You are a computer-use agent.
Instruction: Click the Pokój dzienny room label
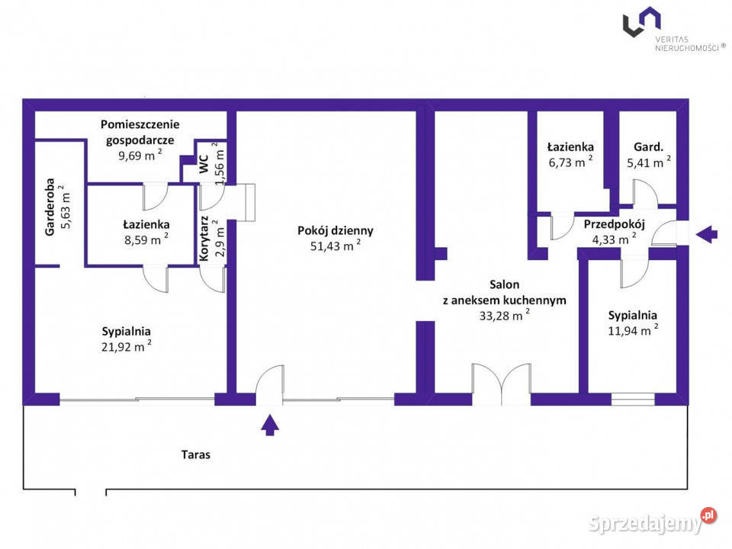click(x=335, y=230)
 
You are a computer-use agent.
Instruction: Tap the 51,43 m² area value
click(x=335, y=245)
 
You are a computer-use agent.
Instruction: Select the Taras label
click(x=196, y=454)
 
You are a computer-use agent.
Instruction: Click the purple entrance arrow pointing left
click(x=707, y=234)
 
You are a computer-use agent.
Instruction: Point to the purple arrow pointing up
click(x=270, y=425)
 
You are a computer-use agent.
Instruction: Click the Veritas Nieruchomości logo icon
click(x=641, y=21)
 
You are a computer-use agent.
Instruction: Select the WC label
click(x=204, y=164)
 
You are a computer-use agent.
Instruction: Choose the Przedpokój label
click(x=614, y=224)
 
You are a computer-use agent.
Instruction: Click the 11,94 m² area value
click(x=633, y=329)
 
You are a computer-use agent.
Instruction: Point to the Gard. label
click(x=648, y=147)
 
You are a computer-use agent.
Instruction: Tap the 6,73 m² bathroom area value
click(x=570, y=162)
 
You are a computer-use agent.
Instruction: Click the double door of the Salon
click(x=501, y=383)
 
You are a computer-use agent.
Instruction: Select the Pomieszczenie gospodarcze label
click(x=140, y=132)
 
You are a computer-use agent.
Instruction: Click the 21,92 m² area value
click(x=126, y=346)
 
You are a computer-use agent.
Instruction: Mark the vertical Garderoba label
click(x=50, y=207)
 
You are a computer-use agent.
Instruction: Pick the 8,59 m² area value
click(x=146, y=239)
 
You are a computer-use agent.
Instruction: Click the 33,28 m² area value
click(x=504, y=315)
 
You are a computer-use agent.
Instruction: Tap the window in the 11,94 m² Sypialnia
click(x=633, y=399)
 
